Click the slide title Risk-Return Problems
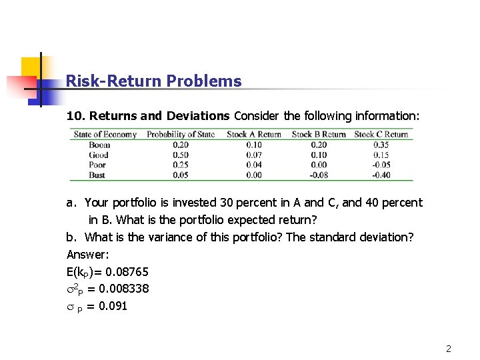153,81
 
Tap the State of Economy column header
105,134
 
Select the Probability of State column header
180,134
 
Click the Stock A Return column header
254,134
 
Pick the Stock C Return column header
381,134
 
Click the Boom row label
99,145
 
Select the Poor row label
97,165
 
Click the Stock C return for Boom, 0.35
381,145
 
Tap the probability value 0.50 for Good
180,155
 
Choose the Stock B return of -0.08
318,175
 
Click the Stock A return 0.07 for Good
254,155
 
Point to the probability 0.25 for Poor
180,165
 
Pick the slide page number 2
449,349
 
